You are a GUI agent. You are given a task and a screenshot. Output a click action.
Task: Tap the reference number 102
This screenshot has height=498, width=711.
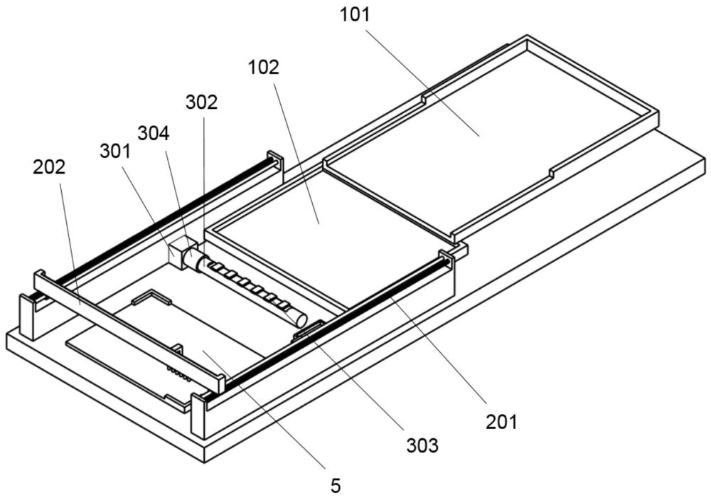tap(263, 68)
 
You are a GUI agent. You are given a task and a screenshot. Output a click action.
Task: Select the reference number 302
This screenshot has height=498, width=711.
tap(201, 102)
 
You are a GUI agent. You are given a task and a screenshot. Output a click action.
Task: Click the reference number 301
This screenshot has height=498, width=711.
tap(115, 151)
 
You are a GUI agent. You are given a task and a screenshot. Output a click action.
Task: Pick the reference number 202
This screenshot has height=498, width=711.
tap(49, 168)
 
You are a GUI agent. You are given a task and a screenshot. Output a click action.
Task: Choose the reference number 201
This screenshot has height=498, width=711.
tap(502, 421)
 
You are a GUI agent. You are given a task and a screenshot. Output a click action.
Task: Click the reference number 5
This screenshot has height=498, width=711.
tap(336, 485)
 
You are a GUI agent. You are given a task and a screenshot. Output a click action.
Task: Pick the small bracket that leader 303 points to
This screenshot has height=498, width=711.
tap(307, 328)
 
